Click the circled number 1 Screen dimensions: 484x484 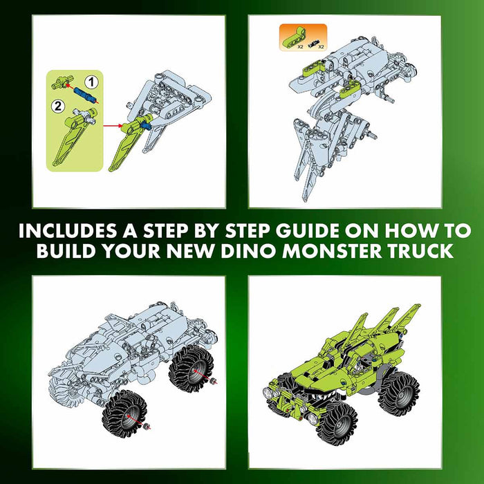click(91, 82)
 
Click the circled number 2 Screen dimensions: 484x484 click(57, 106)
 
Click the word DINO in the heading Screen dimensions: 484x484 click(248, 250)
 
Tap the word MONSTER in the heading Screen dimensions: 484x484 click(331, 250)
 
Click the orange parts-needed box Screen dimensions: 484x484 click(303, 37)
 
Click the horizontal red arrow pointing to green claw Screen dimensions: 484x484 click(113, 126)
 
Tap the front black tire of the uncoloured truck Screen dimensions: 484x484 click(124, 414)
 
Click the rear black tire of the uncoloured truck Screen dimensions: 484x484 click(191, 369)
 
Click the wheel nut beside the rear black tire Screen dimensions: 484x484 click(213, 382)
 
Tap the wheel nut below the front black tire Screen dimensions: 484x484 click(147, 427)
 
